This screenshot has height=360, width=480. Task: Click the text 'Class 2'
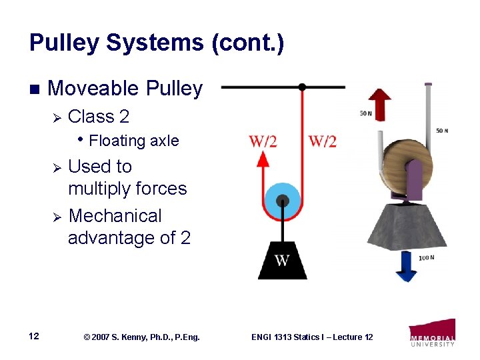tap(99, 117)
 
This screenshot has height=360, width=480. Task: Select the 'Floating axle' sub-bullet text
tap(133, 141)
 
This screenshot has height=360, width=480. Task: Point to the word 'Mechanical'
tap(115, 216)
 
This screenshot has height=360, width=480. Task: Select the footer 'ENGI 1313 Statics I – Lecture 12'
tap(312, 337)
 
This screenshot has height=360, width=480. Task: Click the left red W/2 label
tap(263, 141)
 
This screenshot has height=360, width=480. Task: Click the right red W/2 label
tap(323, 141)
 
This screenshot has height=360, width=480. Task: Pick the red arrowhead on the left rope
tap(263, 159)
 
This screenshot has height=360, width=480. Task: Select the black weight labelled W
tap(282, 260)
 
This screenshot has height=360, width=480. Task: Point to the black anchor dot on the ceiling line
tap(302, 87)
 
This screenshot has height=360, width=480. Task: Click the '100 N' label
tap(426, 258)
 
